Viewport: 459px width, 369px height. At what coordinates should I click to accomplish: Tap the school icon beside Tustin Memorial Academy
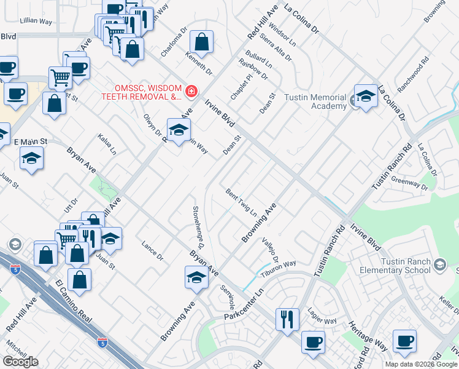click(x=366, y=97)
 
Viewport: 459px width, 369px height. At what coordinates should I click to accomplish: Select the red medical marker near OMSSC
click(x=192, y=92)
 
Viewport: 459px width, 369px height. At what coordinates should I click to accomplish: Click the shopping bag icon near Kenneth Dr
click(x=201, y=42)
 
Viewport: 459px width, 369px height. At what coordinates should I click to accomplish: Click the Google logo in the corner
click(x=20, y=362)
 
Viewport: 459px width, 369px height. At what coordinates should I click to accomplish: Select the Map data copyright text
click(x=421, y=364)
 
